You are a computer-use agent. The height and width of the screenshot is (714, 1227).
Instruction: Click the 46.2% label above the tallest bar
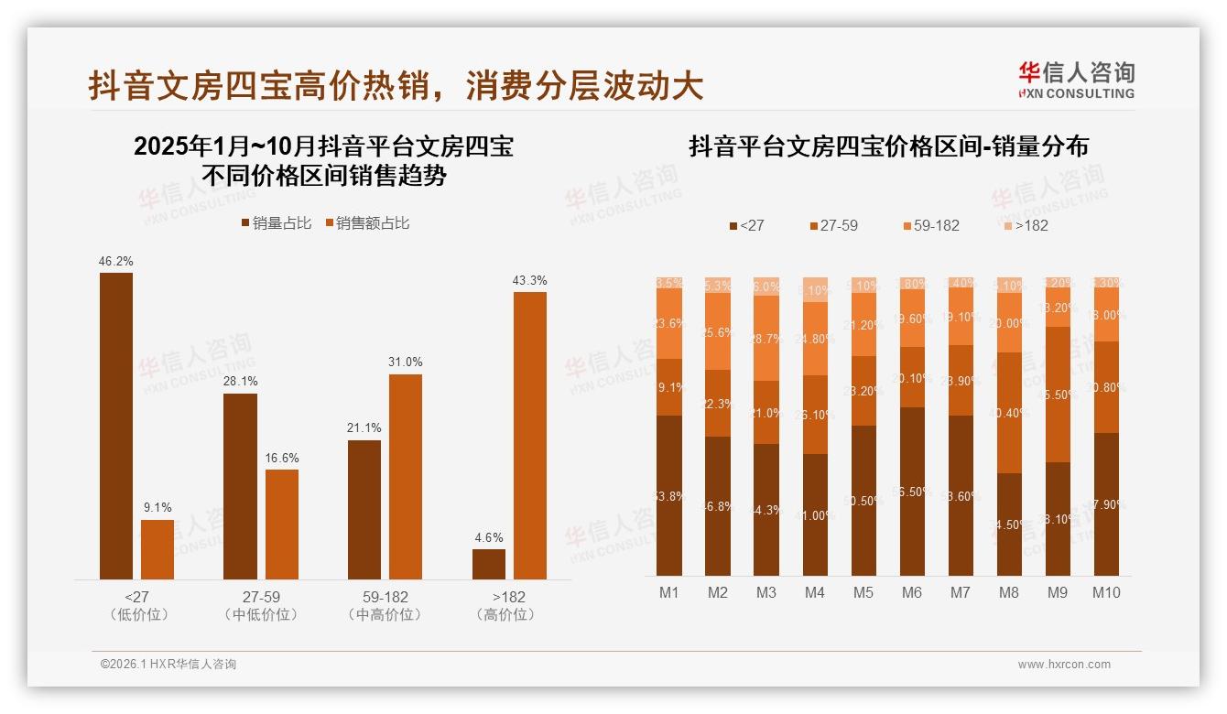[x=116, y=261]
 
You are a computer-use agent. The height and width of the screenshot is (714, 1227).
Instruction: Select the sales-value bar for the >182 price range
[x=529, y=435]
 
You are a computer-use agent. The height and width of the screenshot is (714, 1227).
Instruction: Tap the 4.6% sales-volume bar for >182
[x=489, y=564]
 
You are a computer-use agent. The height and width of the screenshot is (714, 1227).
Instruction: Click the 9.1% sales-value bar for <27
[x=157, y=549]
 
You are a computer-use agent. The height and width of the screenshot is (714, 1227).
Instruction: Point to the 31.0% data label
[x=406, y=362]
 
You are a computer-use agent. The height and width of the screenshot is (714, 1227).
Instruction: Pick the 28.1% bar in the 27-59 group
[x=240, y=486]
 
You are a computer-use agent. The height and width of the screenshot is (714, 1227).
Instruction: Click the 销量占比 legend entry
[x=276, y=223]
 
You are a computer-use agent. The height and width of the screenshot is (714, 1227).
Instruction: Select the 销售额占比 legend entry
[x=367, y=223]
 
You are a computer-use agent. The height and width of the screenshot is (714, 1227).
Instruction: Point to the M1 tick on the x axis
[x=669, y=592]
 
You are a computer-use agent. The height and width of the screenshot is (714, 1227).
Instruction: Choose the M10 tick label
[x=1105, y=592]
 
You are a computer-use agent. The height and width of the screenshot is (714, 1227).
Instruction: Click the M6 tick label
[x=911, y=592]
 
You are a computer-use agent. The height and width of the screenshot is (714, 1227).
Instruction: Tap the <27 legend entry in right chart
[x=746, y=225]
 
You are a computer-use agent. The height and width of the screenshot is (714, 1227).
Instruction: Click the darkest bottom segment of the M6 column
[x=912, y=492]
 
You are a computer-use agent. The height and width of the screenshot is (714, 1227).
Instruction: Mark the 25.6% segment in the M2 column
[x=718, y=331]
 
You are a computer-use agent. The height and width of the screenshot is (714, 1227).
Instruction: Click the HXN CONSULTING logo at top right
[x=1077, y=80]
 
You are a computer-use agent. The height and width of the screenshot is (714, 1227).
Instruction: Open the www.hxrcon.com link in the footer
[x=1064, y=665]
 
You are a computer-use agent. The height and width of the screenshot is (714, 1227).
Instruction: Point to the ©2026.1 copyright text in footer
[x=168, y=665]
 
